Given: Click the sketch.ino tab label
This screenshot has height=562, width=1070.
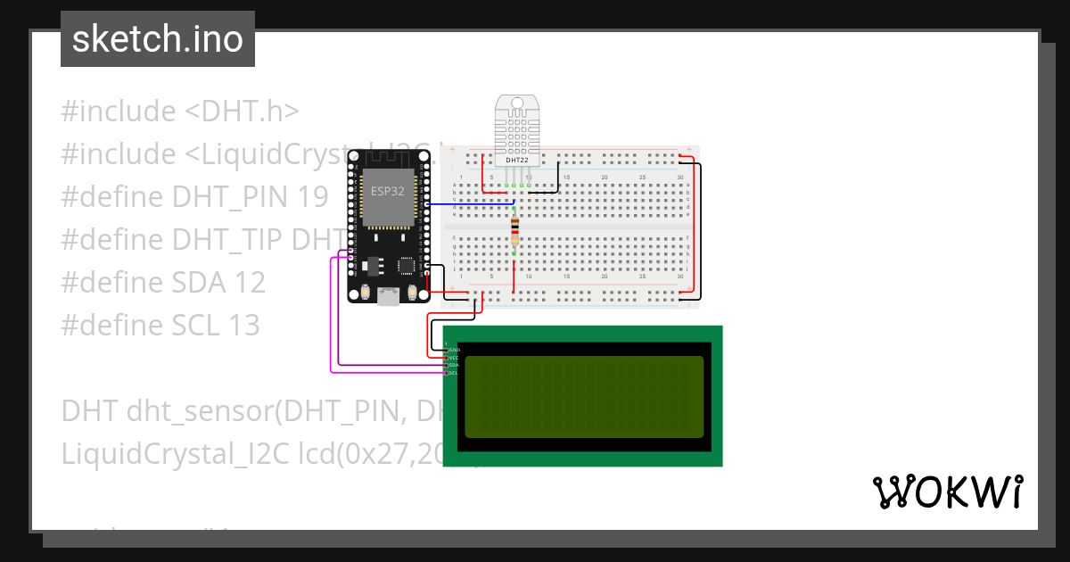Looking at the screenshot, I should click(x=157, y=39).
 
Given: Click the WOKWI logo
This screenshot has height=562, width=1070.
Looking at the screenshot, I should click(x=947, y=492).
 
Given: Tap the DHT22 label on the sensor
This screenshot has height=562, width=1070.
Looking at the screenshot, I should click(x=517, y=160).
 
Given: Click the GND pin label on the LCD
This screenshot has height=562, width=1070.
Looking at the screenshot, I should click(x=453, y=350).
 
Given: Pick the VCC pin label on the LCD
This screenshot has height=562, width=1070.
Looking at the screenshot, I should click(x=453, y=358).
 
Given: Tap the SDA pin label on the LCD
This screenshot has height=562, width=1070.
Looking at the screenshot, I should click(x=453, y=365).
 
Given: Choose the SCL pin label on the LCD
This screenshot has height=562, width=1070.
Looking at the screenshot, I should click(x=453, y=373).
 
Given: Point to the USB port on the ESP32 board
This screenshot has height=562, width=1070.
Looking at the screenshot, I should click(x=389, y=298).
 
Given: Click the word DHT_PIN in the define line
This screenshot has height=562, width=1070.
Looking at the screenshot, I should click(x=227, y=197).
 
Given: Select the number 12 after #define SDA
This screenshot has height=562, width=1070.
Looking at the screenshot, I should click(x=250, y=283).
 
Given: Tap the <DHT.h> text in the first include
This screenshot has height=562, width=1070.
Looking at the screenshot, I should click(x=242, y=112).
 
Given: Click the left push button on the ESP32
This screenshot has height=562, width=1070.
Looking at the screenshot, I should click(x=365, y=293).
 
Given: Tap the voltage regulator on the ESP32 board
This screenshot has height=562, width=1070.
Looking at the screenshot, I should click(x=373, y=265).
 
